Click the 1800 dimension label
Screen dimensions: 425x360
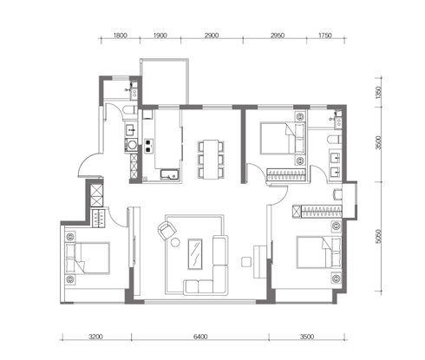121,36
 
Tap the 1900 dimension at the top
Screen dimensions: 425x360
160,36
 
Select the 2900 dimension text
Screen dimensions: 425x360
212,36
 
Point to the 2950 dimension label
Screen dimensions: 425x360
278,36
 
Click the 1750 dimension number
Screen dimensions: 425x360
325,36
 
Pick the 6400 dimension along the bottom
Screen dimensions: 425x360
200,337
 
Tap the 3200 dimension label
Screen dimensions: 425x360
95,337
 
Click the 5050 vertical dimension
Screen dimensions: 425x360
378,237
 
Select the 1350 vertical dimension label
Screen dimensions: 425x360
378,92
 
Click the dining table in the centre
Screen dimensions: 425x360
211,160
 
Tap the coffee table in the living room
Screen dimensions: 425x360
195,254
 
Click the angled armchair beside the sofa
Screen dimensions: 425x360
167,231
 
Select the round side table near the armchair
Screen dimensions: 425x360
175,242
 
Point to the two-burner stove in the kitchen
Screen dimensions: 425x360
148,146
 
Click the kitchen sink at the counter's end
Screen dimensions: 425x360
170,174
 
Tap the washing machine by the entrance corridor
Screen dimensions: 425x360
131,146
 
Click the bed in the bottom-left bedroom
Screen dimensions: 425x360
88,259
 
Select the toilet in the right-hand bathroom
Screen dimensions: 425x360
335,140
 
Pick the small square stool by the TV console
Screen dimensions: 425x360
246,262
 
